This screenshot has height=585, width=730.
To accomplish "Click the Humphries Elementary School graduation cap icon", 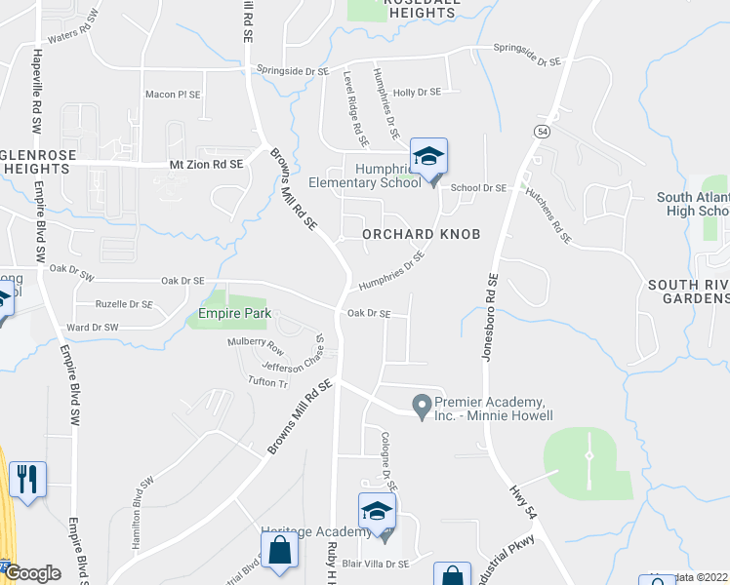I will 428,157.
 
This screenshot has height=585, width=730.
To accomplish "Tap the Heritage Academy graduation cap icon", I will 377,513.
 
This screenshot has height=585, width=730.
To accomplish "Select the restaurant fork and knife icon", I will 26,479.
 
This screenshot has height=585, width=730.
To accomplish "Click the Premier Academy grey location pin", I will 422,405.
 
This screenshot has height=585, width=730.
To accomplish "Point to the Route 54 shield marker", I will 543,131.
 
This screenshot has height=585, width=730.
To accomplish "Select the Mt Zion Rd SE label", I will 206,165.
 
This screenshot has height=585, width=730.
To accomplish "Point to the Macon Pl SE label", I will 173,95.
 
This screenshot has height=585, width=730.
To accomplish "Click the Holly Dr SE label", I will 417,92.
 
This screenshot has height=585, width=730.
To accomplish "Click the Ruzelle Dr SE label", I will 123,304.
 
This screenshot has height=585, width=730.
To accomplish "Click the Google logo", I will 33,574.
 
